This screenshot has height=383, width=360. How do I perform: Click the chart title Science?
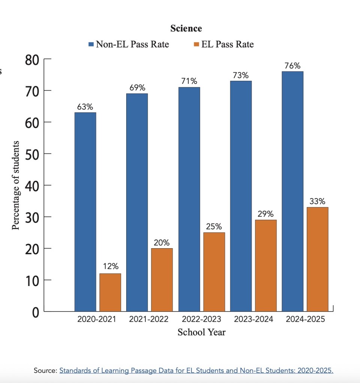186,28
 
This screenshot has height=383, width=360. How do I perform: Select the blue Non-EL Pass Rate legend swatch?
91,45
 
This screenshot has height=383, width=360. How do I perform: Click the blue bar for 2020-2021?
85,212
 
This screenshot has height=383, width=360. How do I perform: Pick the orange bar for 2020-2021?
110,292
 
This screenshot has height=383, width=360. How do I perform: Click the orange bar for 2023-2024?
266,265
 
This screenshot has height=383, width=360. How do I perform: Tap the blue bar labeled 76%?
292,191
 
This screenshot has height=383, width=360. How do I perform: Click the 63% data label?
85,107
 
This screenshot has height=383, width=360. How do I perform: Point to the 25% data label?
214,227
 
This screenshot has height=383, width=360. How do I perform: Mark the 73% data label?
240,75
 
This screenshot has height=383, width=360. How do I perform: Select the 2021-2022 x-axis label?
149,320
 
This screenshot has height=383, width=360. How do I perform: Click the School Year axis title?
202,332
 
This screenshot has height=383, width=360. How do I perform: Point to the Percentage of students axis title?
16,185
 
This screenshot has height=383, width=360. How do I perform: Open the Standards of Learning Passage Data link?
196,371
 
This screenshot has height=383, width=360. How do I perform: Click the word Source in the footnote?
45,371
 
